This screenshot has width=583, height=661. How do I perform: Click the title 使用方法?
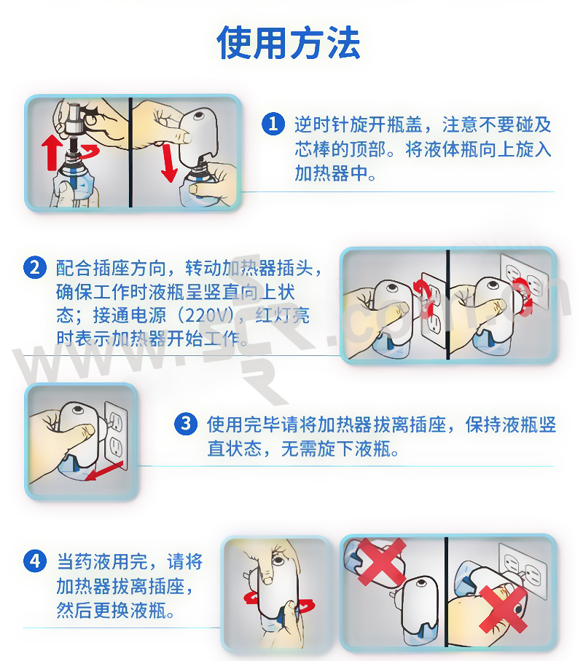coord(289,42)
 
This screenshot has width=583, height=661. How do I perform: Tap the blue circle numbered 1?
coord(273,124)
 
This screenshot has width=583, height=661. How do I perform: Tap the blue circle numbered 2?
coord(35,268)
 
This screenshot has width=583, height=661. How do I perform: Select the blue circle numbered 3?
coord(186,424)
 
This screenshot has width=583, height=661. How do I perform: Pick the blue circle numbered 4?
coord(35,561)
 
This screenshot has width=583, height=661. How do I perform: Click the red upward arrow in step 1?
coord(52,152)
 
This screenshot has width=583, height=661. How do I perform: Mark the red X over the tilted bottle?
coord(382,561)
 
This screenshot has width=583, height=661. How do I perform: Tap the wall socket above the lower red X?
coord(523,570)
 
